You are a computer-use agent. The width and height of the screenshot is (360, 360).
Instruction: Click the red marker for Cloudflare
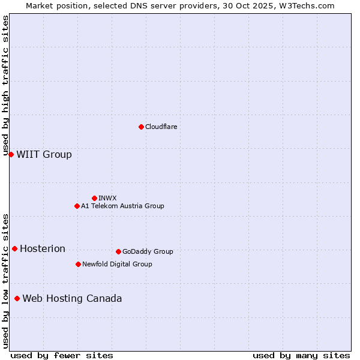[x=141, y=127]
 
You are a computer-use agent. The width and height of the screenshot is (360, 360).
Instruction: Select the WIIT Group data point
[x=11, y=154]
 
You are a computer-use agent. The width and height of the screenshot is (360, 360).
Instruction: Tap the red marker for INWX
[x=94, y=198]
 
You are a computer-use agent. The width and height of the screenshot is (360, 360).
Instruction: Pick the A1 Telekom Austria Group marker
[x=77, y=206]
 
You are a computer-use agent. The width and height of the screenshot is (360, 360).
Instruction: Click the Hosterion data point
[x=14, y=248]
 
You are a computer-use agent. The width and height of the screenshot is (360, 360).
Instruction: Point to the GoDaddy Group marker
[x=118, y=251]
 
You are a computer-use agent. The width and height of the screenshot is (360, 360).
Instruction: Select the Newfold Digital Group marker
[x=78, y=264]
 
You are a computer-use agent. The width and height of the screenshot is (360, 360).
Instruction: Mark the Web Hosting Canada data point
[x=17, y=298]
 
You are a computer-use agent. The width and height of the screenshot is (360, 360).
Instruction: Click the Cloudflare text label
[x=161, y=127]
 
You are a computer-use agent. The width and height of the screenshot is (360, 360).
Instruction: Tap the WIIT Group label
[x=44, y=155]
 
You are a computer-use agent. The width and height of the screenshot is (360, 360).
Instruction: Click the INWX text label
[x=107, y=198]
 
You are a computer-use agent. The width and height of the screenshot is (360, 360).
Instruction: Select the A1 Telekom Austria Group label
[x=122, y=206]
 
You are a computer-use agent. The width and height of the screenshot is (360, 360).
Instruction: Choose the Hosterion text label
[x=43, y=249]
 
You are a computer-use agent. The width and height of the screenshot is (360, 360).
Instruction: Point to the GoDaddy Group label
[x=148, y=251]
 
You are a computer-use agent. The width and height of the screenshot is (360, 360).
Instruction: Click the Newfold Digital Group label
[x=117, y=264]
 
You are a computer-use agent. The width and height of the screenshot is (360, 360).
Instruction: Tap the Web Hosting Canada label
[x=72, y=299]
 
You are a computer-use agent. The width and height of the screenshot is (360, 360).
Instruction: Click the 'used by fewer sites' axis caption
[x=62, y=355]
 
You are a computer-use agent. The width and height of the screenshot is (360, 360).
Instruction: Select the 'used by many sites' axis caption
[x=301, y=355]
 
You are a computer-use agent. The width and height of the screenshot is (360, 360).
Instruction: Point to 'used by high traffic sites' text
[x=6, y=86]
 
